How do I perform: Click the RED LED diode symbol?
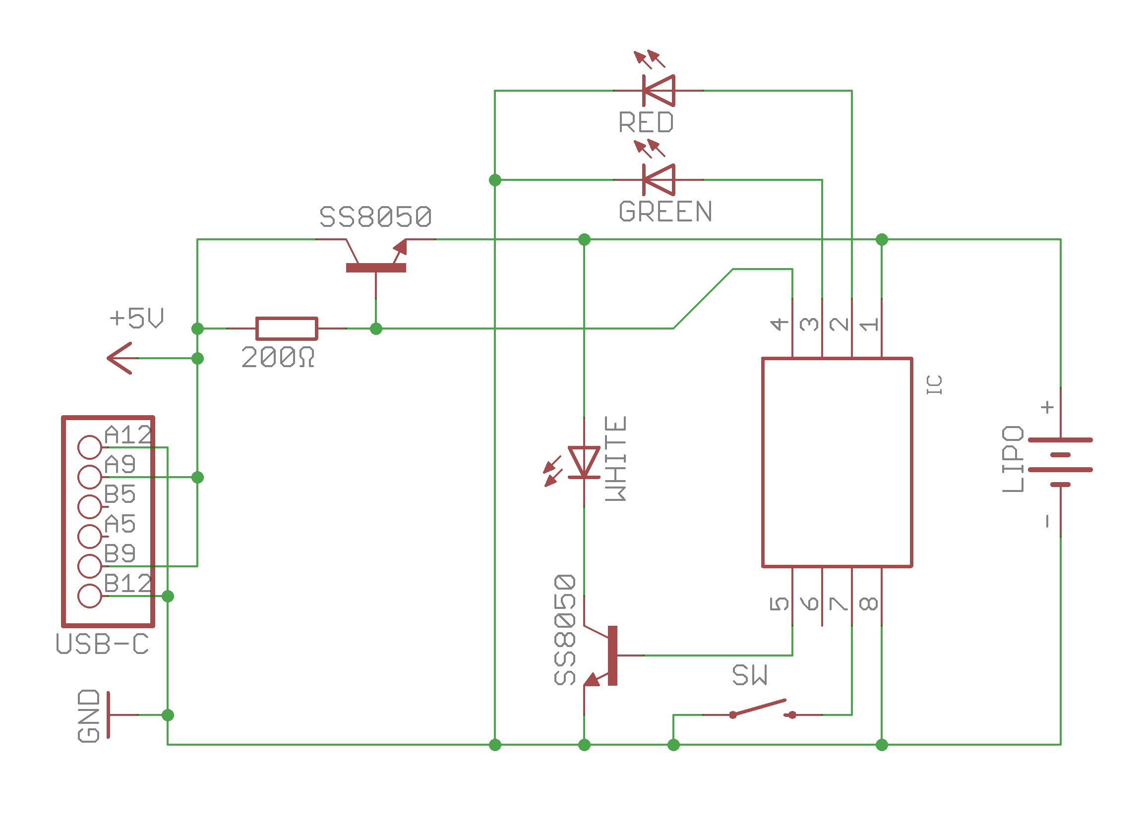pos(658,91)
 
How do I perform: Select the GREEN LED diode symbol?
pos(658,179)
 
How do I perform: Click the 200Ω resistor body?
pos(286,328)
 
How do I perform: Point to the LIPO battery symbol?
pos(1060,462)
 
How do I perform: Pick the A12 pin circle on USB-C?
pos(90,447)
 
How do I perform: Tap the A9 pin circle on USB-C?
pos(90,476)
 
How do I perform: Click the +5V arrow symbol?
pos(120,358)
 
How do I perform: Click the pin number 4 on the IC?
pos(779,324)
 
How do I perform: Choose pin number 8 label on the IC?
pos(868,603)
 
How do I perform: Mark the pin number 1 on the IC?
pos(868,324)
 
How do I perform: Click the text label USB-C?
pos(102,644)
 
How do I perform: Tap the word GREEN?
pos(665,211)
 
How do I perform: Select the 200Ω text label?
pos(278,357)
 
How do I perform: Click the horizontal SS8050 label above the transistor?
pos(375,217)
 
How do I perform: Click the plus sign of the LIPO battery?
pos(1047,406)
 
